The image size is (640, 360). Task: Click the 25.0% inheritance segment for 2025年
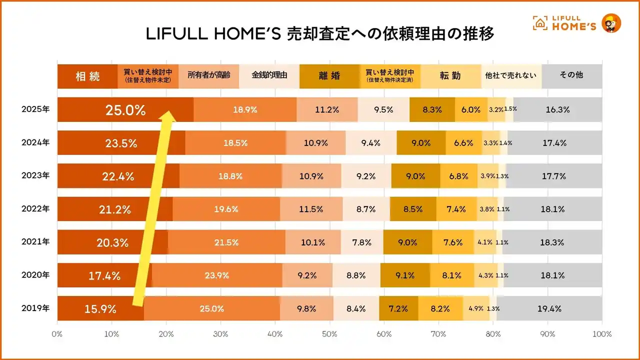click(125, 110)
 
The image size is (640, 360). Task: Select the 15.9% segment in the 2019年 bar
click(100, 308)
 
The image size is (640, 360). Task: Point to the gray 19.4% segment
click(549, 308)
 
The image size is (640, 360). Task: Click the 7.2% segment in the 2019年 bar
click(398, 308)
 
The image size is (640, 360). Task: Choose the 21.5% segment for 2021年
click(226, 242)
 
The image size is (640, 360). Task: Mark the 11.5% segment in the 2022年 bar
click(311, 209)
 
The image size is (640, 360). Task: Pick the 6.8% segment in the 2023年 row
click(458, 176)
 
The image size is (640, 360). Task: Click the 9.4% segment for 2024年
click(371, 143)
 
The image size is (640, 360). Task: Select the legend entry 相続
click(87, 76)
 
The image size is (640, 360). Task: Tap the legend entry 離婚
click(329, 76)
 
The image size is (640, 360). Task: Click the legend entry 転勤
click(450, 76)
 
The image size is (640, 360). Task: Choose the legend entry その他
click(571, 75)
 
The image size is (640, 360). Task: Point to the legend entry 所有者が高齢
click(208, 75)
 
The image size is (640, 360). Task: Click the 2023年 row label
click(35, 176)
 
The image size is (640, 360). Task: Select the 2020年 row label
click(35, 275)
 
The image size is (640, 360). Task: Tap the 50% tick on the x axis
click(329, 334)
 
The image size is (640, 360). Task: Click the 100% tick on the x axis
click(601, 334)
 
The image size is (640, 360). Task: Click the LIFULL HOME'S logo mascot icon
click(611, 23)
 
